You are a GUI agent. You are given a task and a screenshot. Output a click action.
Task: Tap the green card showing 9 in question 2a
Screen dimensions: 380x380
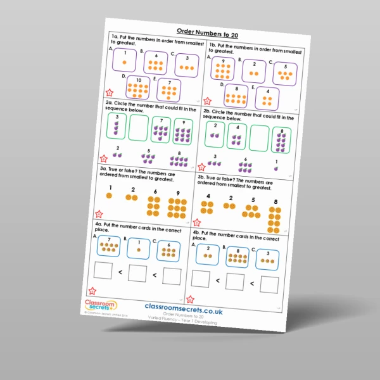(x=183, y=131)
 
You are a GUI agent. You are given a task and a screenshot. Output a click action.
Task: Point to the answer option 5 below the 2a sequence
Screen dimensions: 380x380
(x=148, y=156)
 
